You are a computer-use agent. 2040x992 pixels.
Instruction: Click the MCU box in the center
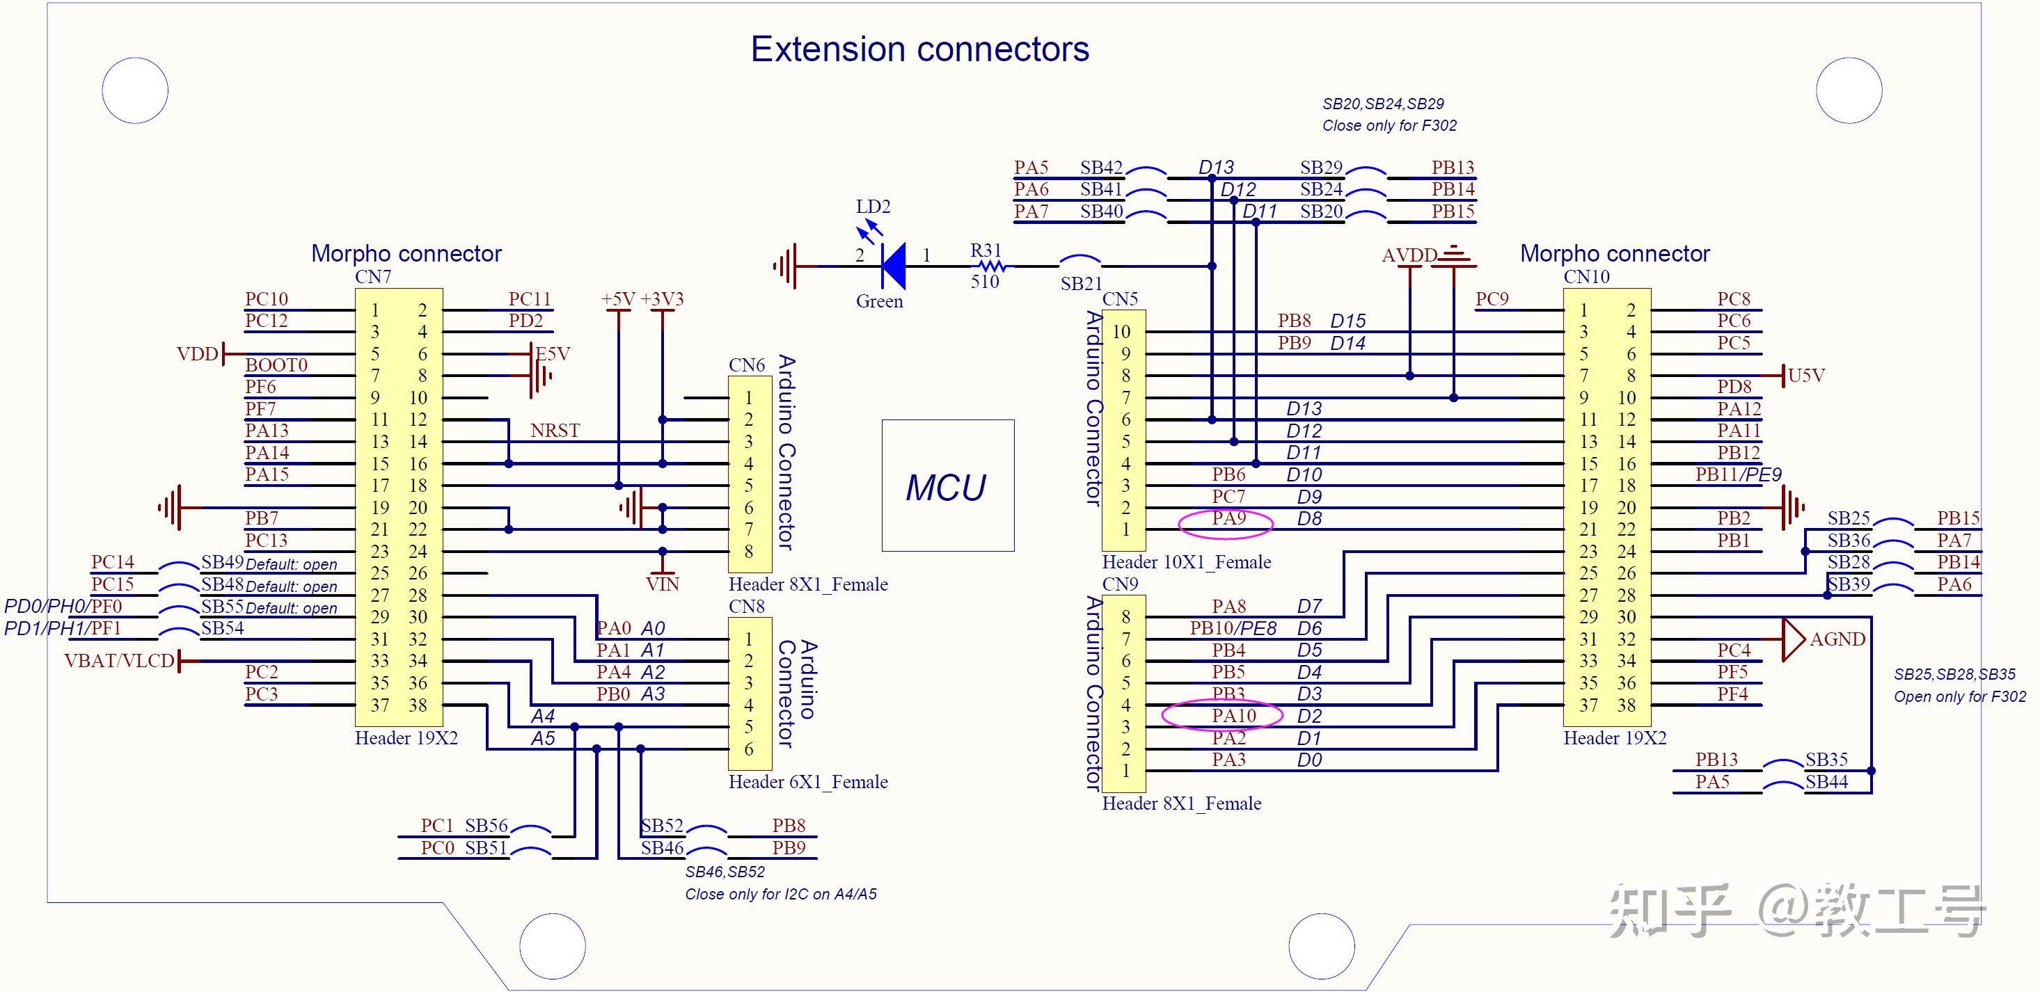[947, 486]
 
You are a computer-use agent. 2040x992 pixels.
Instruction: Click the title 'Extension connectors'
[919, 49]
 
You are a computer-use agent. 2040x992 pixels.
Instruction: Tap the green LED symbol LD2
[892, 265]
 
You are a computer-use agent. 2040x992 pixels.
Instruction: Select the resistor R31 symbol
[987, 267]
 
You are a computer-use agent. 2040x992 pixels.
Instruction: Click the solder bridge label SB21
[1081, 283]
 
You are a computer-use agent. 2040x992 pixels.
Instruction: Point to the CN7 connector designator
[373, 277]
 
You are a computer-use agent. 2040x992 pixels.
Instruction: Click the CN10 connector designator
[1586, 277]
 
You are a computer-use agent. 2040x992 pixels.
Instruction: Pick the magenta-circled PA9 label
[1228, 520]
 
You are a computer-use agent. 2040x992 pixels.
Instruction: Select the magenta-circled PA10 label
[1233, 716]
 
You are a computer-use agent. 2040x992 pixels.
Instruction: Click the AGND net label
[1837, 639]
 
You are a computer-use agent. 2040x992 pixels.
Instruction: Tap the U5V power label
[1805, 375]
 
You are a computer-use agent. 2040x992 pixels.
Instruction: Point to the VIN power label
[662, 584]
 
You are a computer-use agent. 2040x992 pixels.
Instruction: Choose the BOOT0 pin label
[276, 365]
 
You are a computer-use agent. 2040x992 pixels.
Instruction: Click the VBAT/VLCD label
[119, 661]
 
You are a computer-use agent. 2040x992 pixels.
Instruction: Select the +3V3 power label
[661, 299]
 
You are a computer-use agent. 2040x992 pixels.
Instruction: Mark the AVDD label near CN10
[1409, 256]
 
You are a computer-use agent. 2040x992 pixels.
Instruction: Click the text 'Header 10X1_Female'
[1185, 562]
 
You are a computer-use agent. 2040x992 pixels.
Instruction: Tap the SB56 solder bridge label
[485, 826]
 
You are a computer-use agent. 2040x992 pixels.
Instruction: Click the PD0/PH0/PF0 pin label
[63, 607]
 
